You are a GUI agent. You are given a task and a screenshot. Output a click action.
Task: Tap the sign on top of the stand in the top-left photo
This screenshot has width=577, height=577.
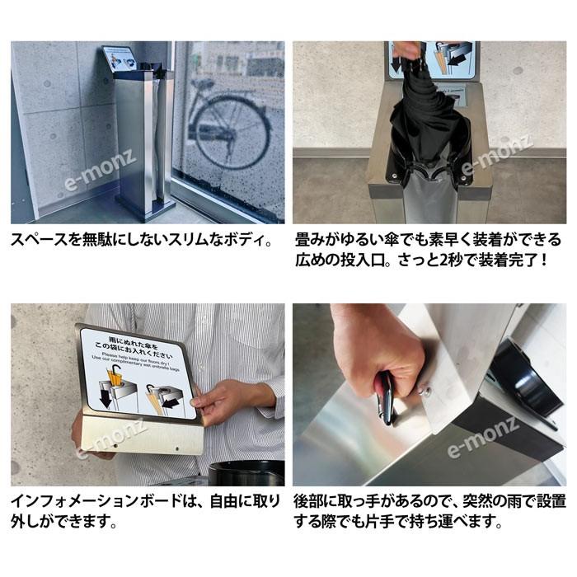pos(120,59)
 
